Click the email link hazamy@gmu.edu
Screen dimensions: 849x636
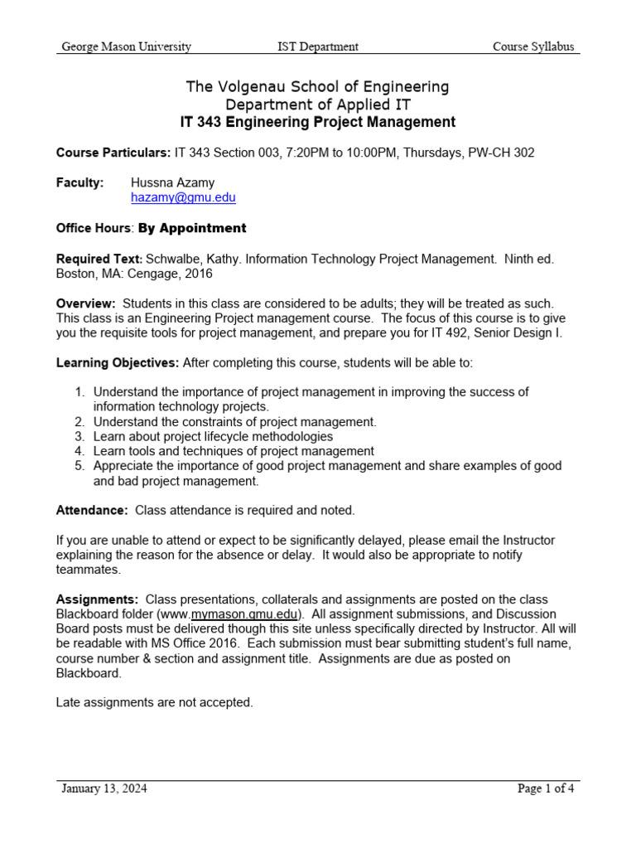183,198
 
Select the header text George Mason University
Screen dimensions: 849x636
126,46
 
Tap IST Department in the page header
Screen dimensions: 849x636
317,46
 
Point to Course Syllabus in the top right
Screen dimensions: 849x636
533,46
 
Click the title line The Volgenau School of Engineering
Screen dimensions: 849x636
317,86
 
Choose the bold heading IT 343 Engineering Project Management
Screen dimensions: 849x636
317,122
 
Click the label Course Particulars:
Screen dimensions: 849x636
113,153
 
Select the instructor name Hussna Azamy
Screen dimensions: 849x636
171,182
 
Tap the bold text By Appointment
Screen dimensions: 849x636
192,228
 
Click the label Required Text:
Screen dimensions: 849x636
99,259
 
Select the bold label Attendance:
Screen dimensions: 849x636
92,510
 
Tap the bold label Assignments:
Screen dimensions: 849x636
97,599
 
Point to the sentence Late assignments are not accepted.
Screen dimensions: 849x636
154,702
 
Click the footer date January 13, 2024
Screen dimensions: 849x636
104,788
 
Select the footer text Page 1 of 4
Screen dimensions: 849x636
545,788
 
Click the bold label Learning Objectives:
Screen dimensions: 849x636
117,362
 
